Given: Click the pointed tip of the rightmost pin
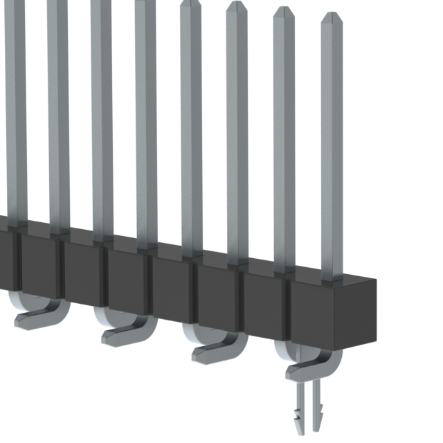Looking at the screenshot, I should pyautogui.click(x=331, y=15).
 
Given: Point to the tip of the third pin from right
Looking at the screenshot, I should pyautogui.click(x=236, y=6).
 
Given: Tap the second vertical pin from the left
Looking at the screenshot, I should pyautogui.click(x=58, y=111).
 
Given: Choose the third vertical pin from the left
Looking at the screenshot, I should pyautogui.click(x=101, y=118).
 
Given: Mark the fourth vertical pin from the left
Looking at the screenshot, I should pyautogui.click(x=145, y=125).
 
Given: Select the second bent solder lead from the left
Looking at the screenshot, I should pyautogui.click(x=128, y=332).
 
